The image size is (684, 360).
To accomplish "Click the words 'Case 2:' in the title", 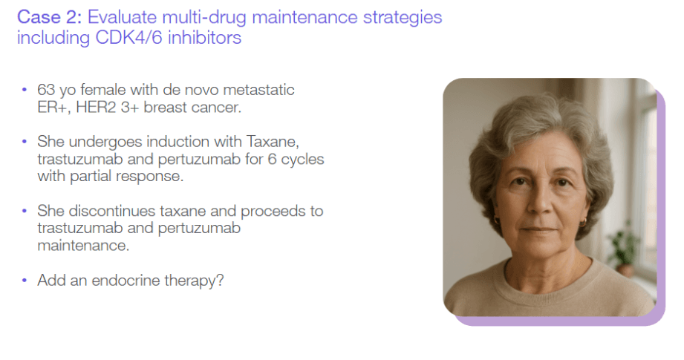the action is [x=49, y=17].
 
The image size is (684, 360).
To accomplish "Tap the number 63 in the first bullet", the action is [x=46, y=90].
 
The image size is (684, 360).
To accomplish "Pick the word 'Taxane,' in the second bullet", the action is [x=273, y=142].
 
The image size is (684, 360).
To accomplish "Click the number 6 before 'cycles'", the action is [x=273, y=159].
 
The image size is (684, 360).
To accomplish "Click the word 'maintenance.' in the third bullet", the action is [x=83, y=246].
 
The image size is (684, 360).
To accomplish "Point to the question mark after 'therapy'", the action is [x=221, y=281].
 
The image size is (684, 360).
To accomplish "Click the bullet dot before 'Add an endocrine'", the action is [x=25, y=281].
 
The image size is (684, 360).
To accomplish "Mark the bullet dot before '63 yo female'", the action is [x=25, y=90].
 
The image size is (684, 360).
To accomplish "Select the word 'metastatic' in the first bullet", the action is [x=258, y=90].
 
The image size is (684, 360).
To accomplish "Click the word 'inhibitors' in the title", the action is [x=204, y=37].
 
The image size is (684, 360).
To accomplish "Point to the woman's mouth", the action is [x=540, y=229].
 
